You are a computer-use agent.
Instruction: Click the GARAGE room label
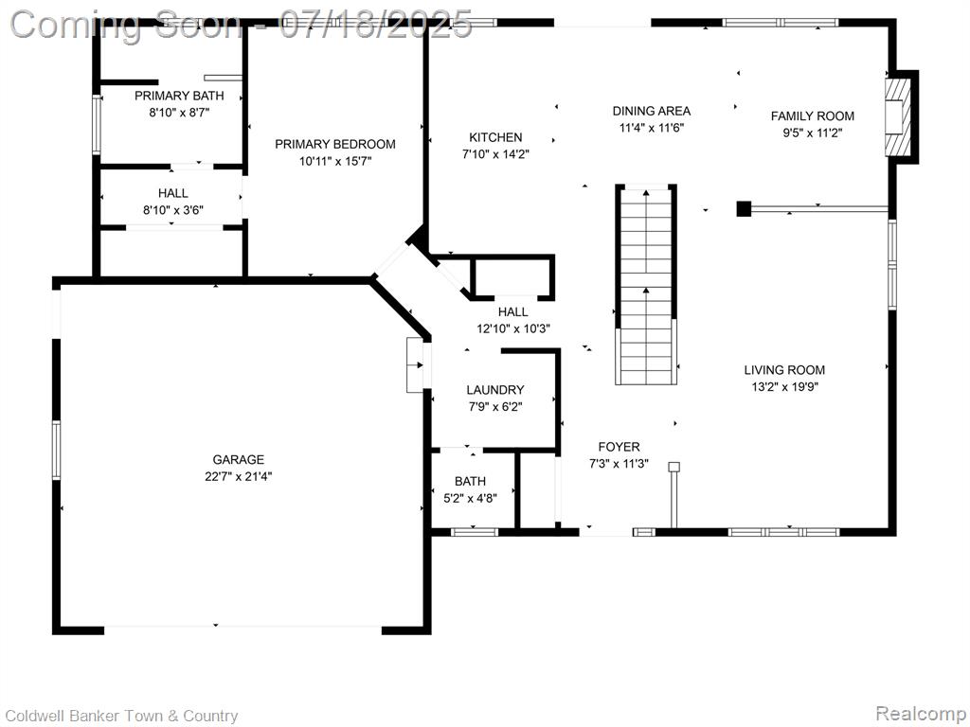238,459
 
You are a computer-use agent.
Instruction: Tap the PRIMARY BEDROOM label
335,144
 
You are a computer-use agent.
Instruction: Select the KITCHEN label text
495,137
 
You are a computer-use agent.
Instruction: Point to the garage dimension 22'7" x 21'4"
238,477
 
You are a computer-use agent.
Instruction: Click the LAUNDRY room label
494,389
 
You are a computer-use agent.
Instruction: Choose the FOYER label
619,447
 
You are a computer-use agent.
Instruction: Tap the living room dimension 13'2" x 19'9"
784,387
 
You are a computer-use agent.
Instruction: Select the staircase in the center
646,284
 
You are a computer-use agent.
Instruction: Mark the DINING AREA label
652,111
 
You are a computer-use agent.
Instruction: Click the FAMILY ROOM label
812,115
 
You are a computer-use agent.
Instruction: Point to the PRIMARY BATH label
179,96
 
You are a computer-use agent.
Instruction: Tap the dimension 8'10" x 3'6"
173,210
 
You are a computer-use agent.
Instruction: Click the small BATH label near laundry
470,481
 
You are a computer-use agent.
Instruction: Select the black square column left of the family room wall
744,208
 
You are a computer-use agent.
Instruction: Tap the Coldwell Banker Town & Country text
121,716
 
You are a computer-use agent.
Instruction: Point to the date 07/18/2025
376,25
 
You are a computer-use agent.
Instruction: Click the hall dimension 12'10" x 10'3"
513,328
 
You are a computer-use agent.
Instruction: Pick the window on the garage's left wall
56,450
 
